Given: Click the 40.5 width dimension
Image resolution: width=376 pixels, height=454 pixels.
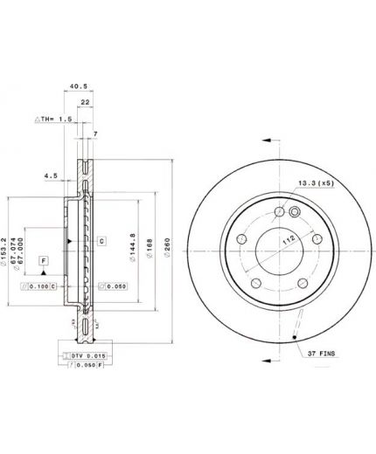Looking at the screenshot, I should click(80, 86).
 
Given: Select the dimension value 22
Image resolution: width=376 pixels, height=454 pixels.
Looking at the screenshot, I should click(85, 102).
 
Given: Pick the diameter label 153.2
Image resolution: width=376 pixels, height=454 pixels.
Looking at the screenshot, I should click(5, 247).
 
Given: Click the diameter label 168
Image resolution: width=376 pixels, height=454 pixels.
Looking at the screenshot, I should click(150, 247).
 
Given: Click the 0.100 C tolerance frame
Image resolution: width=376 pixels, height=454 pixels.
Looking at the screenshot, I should click(41, 285).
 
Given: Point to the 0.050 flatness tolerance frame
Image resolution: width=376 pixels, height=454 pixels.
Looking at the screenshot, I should click(112, 285).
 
